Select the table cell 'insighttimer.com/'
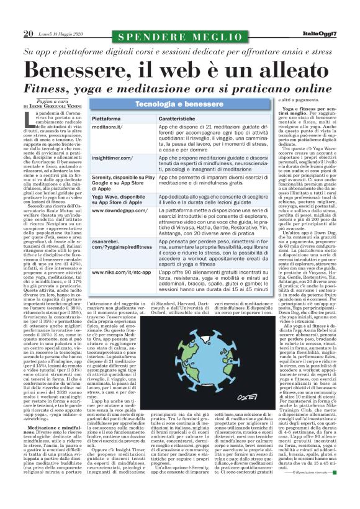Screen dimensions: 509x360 pyautogui.click(x=112, y=158)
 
